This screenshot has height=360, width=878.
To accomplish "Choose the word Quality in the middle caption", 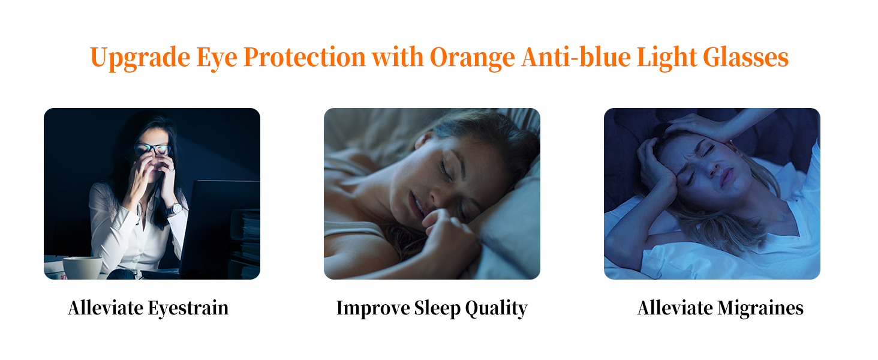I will point(497,308).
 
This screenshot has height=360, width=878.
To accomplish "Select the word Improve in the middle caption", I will point(372,308).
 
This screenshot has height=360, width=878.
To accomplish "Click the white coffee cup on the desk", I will point(82,268).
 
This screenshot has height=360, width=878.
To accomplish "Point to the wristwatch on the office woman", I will point(174,209).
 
